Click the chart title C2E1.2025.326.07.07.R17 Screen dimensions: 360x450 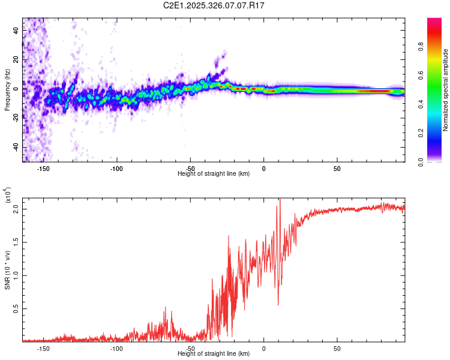coord(214,5)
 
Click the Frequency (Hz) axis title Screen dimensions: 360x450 coord(7,89)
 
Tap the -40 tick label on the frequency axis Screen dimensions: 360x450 coord(15,147)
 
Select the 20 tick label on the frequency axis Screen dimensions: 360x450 coord(16,59)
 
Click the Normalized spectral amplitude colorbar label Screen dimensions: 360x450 coord(445,90)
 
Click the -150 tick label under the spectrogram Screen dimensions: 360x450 coord(43,169)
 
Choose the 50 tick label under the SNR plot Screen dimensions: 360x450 coord(337,348)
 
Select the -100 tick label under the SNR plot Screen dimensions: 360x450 coord(116,348)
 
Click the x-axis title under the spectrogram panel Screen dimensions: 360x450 coord(214,174)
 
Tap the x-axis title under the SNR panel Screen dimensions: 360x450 coord(214,353)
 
